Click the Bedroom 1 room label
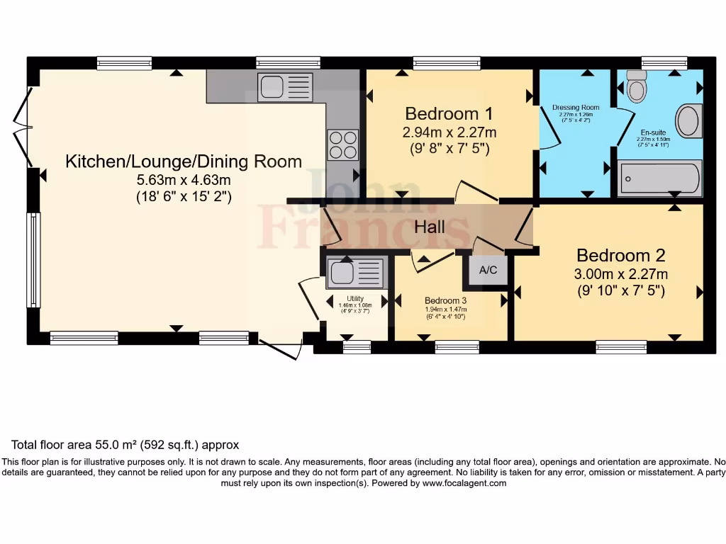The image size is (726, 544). coord(448,113)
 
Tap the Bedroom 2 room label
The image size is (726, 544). coord(620,255)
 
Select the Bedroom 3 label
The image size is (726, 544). coord(445,300)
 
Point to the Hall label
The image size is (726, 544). coord(430,227)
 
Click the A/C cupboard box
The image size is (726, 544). coord(488,270)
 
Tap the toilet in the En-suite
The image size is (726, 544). coord(637,87)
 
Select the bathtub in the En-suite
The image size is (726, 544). coord(659,178)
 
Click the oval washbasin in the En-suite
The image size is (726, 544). coord(688,120)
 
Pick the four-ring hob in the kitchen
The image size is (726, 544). coord(342,145)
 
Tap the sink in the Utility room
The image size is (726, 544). coord(357,273)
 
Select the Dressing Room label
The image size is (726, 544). coord(575,108)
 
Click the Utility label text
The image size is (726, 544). coord(355,299)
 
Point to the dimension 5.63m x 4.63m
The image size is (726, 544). coord(184,180)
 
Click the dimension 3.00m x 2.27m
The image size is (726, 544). coord(620,274)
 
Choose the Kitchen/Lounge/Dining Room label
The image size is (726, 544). coord(184,161)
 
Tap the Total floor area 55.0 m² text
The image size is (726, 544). coord(125,446)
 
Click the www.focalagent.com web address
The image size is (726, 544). coord(464,483)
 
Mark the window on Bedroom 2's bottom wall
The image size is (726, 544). coord(620,347)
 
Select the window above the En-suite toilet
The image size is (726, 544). coord(664,62)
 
